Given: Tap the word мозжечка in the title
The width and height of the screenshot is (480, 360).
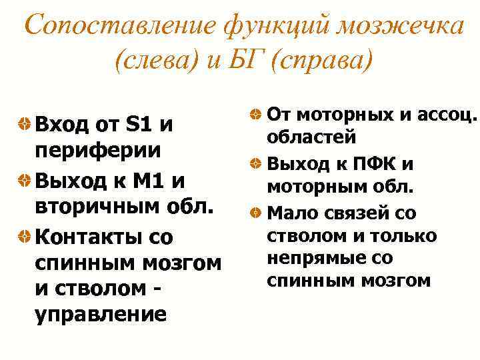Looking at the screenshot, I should click(x=401, y=27).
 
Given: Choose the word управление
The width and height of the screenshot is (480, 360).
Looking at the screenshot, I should click(x=100, y=313).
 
